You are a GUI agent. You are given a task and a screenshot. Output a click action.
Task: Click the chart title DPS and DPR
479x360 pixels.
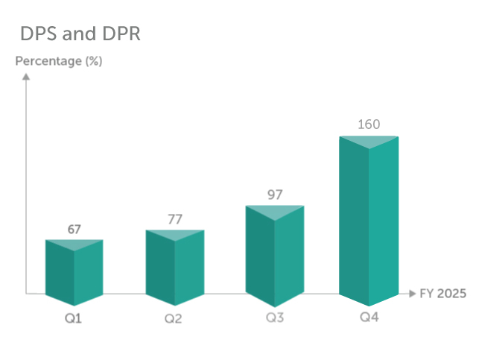coord(80,34)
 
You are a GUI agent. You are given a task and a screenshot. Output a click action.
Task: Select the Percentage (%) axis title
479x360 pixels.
coord(59,61)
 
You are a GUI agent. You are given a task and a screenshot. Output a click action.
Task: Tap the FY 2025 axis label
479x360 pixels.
coord(442,294)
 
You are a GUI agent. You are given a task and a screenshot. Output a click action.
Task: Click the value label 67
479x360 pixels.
coord(74,230)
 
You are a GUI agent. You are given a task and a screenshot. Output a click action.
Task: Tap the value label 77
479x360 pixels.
coord(174,220)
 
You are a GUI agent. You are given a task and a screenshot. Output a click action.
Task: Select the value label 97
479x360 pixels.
coord(275,195)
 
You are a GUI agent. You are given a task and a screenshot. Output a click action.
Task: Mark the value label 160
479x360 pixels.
coord(369,124)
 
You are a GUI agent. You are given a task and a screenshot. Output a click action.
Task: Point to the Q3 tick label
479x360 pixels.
coord(273,319)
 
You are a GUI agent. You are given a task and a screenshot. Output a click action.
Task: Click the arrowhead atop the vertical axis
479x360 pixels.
coord(26,75)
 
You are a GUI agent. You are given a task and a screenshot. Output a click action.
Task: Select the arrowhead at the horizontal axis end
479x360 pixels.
coord(412,294)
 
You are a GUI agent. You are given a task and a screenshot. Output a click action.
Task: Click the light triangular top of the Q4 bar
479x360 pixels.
coord(369,142)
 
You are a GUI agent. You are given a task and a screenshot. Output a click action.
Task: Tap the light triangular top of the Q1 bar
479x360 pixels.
coord(74,243)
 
